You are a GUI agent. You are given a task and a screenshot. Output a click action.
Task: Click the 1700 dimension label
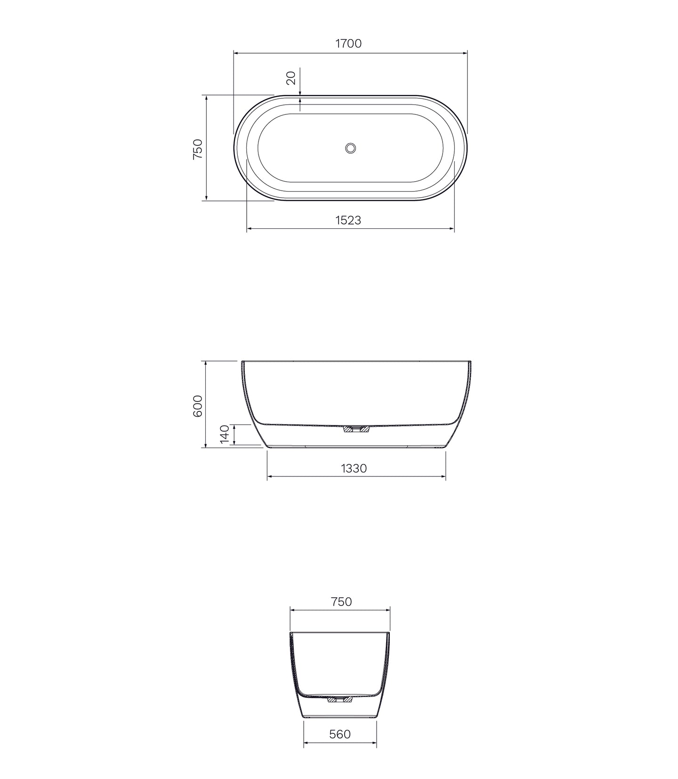[x=348, y=43]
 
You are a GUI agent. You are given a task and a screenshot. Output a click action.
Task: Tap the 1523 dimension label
[x=348, y=220]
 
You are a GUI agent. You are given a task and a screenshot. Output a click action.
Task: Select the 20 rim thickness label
[x=291, y=77]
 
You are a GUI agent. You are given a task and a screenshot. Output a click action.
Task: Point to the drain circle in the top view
[x=350, y=148]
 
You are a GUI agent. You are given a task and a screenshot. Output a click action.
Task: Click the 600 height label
[x=198, y=405]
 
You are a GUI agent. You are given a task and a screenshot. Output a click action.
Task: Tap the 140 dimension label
[x=225, y=434]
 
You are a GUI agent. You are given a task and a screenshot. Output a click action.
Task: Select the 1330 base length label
[x=354, y=468]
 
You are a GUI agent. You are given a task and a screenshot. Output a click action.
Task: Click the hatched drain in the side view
[x=356, y=428]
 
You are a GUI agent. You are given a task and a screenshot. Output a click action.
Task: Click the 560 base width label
[x=340, y=734]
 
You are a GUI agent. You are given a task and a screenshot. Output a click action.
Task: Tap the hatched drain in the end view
[x=340, y=700]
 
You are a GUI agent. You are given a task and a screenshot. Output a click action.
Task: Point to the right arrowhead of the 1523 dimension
[x=452, y=229]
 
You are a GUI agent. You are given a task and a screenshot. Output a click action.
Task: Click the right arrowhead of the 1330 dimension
[x=444, y=477]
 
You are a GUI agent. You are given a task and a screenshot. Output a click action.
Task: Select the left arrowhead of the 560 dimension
[x=306, y=744]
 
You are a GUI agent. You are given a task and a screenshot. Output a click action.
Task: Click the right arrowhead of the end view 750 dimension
[x=388, y=610]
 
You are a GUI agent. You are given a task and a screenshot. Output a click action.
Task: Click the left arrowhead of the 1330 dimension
[x=269, y=477]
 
